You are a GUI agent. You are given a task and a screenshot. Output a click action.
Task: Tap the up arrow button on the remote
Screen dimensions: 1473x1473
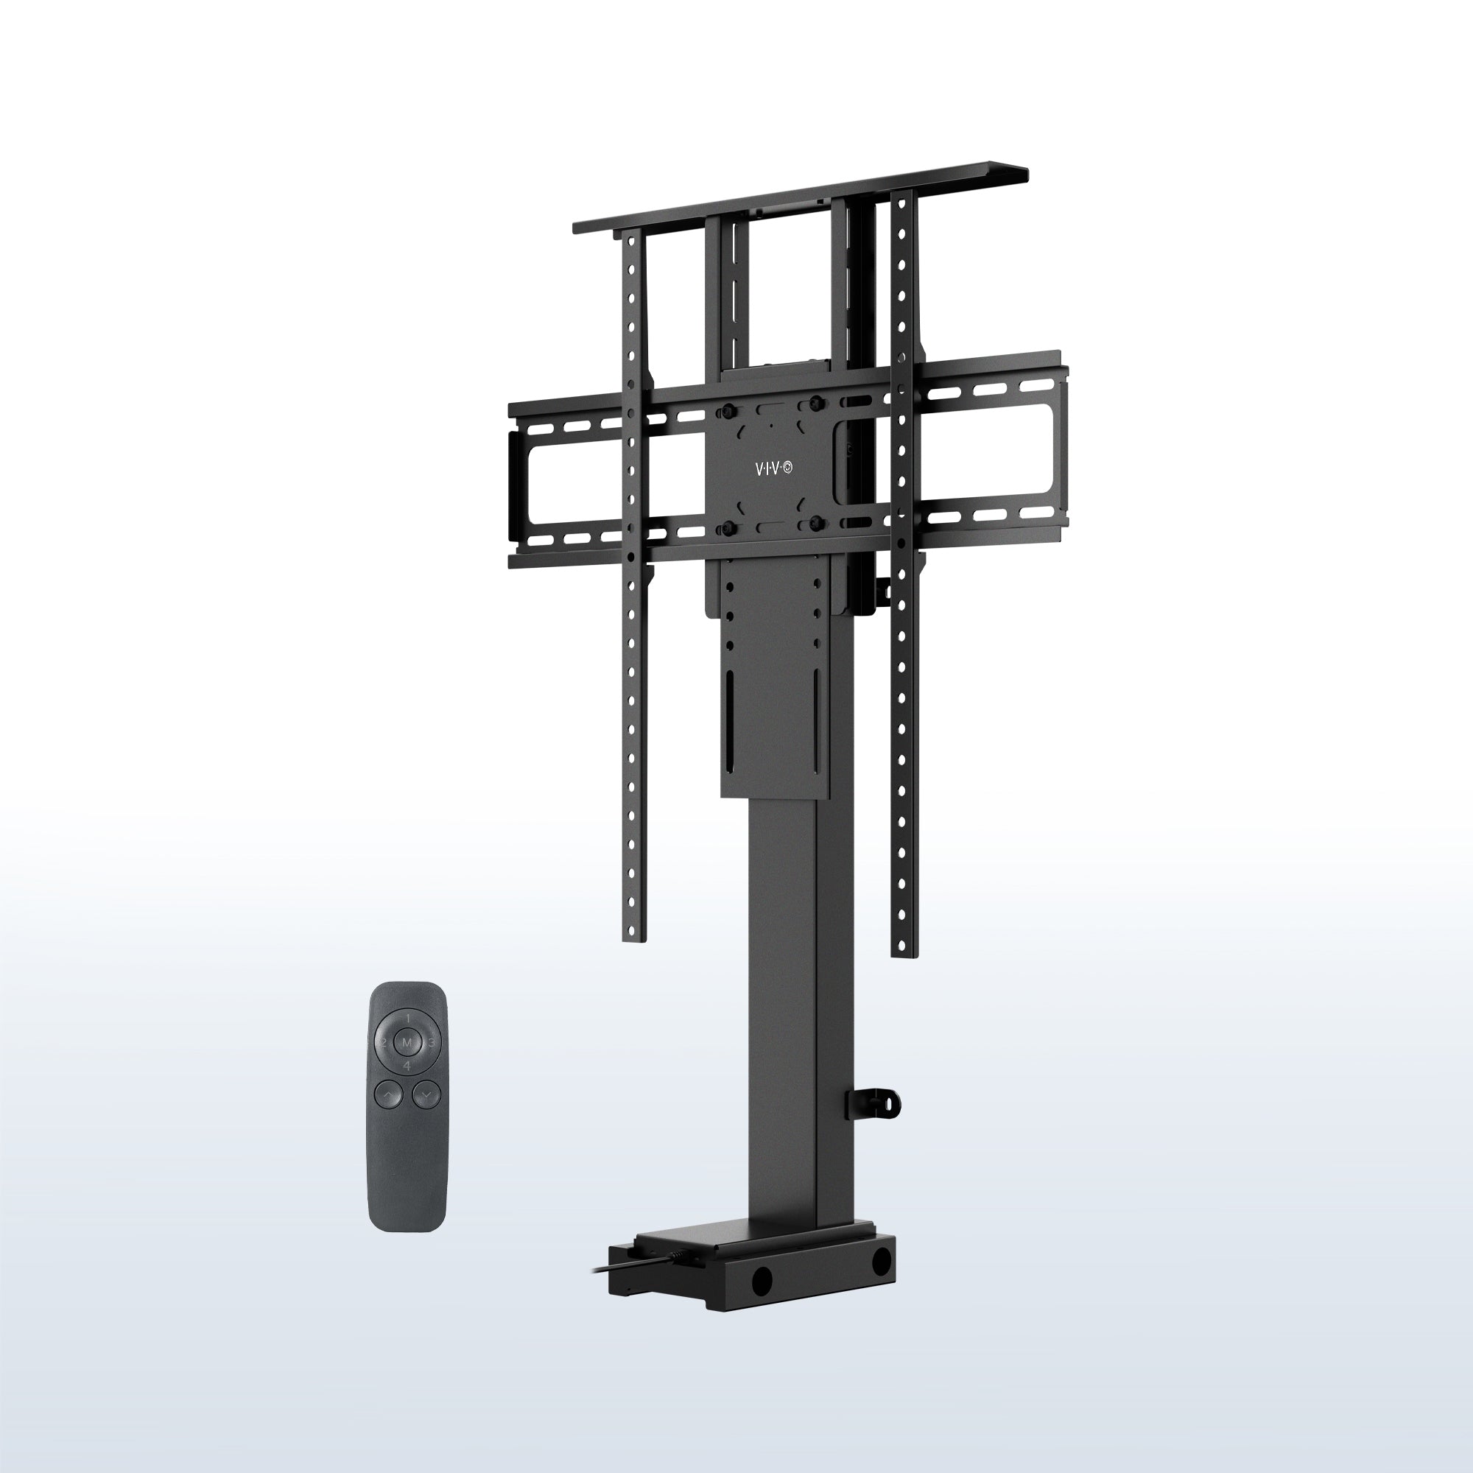coord(388,1097)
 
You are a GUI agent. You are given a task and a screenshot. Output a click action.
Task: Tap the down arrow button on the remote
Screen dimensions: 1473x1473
coord(426,1097)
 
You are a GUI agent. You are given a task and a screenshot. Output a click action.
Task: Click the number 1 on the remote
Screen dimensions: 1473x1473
coord(408,1019)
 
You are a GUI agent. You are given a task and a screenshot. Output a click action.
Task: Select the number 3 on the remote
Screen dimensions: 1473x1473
coord(432,1042)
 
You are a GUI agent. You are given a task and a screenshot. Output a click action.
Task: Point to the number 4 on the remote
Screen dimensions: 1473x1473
coord(407,1066)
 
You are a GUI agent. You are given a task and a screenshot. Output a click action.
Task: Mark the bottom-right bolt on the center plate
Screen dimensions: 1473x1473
coord(816,521)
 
